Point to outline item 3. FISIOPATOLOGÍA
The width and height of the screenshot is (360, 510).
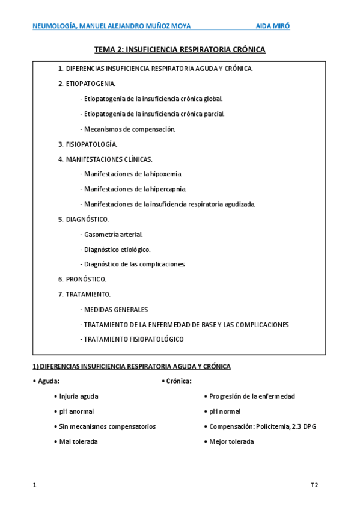click(x=88, y=144)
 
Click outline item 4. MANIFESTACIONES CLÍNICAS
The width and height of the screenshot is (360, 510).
click(x=105, y=159)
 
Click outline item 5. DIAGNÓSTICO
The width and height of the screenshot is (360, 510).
click(x=84, y=219)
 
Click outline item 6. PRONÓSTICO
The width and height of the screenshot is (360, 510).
click(x=82, y=279)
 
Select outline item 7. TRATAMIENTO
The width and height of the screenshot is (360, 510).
click(x=84, y=294)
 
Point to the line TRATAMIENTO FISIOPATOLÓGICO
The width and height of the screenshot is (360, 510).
click(x=132, y=339)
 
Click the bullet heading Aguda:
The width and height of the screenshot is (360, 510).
click(x=48, y=381)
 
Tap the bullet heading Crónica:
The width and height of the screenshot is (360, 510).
click(x=178, y=381)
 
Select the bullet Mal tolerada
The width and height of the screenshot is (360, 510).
click(x=78, y=441)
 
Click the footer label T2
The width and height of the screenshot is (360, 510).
click(x=314, y=484)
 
